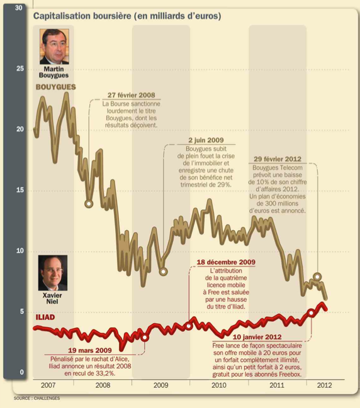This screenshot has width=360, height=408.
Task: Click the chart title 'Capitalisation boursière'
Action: [x=82, y=16]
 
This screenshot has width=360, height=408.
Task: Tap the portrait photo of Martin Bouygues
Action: [x=54, y=47]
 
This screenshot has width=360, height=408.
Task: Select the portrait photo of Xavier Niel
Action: [x=53, y=273]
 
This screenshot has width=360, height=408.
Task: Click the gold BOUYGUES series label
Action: [x=56, y=87]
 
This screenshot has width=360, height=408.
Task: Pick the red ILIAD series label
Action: [x=45, y=317]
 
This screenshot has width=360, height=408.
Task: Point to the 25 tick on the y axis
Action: [x=20, y=69]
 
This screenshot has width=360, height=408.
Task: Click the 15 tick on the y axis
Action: [x=20, y=190]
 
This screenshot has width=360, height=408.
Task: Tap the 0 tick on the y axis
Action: [x=21, y=372]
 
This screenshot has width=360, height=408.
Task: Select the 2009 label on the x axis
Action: [x=160, y=385]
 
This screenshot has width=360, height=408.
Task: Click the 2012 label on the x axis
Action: [x=324, y=385]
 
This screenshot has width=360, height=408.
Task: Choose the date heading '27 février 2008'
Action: [x=132, y=95]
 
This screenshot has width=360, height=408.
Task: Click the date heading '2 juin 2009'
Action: [x=206, y=140]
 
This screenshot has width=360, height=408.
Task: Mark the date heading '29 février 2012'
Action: [x=278, y=159]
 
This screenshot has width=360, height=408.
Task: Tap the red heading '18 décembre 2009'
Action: [x=226, y=262]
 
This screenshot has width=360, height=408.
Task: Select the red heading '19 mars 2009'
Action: [x=90, y=350]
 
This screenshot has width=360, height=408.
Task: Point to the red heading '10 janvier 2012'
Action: [x=257, y=337]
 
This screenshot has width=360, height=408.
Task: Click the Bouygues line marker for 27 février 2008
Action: [x=89, y=204]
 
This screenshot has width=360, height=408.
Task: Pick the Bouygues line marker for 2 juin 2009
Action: [x=164, y=272]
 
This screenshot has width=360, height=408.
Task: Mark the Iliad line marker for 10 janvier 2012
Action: [x=311, y=312]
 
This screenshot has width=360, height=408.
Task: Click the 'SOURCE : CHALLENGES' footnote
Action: [x=37, y=398]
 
